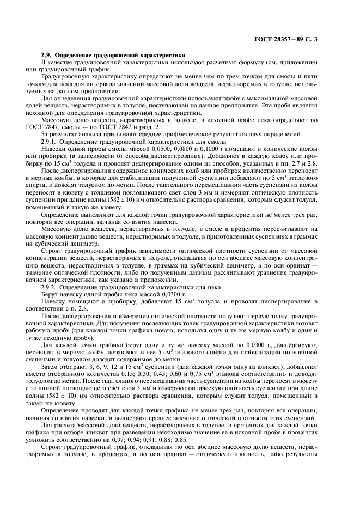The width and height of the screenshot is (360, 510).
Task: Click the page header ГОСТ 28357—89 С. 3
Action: (295, 40)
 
